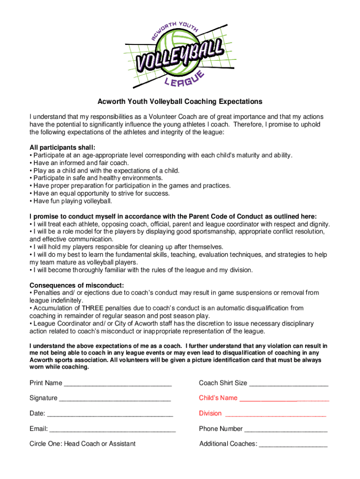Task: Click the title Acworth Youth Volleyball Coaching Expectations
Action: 180,102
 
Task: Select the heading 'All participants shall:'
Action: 62,147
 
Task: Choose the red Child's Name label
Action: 218,398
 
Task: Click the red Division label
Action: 210,414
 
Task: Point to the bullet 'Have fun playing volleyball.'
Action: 72,201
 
